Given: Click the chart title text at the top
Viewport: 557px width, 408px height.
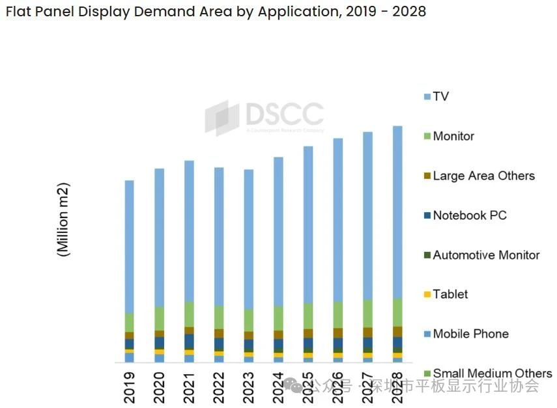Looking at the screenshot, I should [215, 12].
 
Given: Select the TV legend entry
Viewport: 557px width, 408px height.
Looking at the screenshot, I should [440, 96].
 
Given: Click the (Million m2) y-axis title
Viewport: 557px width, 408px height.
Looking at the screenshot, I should [63, 219].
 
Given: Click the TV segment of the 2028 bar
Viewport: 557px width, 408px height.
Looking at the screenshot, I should [397, 211].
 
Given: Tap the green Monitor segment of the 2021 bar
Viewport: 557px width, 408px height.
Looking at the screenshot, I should [189, 314].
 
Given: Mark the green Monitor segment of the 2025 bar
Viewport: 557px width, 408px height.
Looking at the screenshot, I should [308, 316].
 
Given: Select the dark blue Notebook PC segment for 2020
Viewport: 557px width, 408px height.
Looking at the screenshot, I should [159, 342].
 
